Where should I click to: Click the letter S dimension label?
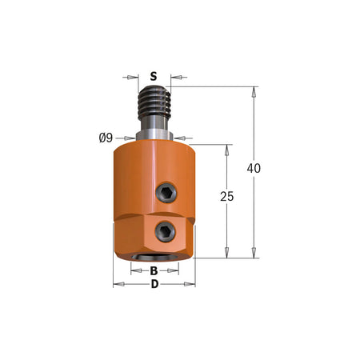click(154, 77)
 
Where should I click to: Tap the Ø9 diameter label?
click(106, 138)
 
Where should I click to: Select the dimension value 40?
click(254, 168)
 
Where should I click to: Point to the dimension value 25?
click(227, 197)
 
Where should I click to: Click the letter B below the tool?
click(154, 271)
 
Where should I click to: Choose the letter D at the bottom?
click(154, 284)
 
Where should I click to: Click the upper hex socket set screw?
click(166, 193)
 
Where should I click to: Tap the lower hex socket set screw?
click(166, 232)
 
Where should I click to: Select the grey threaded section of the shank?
click(154, 102)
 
